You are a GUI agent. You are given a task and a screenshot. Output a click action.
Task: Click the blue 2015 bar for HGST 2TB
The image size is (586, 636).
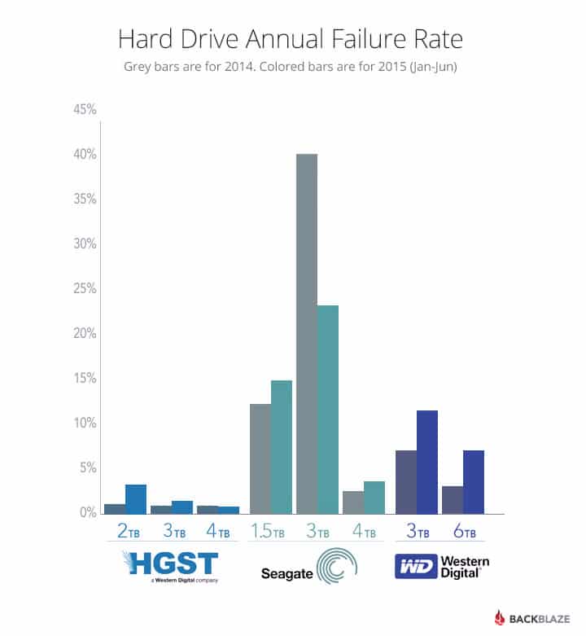(x=136, y=499)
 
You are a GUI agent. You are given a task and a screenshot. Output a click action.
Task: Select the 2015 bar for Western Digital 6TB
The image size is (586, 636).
(x=474, y=481)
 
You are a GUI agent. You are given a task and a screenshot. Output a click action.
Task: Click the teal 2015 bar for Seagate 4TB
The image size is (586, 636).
(x=374, y=498)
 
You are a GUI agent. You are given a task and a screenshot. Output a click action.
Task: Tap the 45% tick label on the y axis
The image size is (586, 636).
(x=85, y=109)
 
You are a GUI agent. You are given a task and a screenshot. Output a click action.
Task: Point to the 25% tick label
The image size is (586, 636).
(x=85, y=288)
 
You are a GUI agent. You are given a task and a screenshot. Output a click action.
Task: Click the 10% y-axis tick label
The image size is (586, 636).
(x=85, y=423)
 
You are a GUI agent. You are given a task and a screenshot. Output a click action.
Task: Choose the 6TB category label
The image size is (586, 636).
(x=463, y=533)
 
